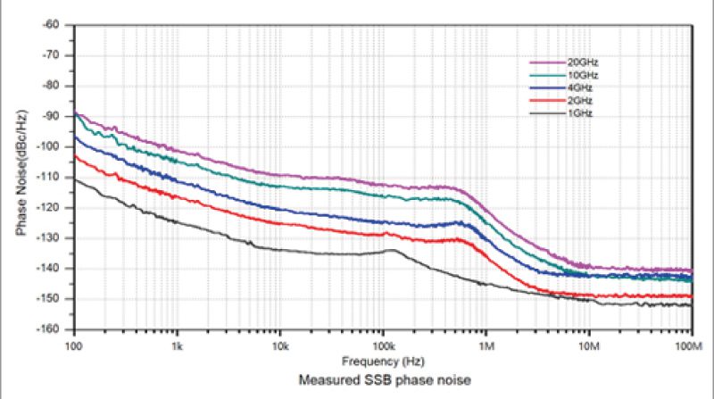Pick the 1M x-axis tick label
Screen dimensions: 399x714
486,343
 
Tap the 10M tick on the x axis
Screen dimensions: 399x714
588,343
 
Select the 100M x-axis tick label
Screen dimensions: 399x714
689,343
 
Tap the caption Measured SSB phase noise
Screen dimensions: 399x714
382,379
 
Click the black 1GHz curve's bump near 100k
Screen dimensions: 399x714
391,251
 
